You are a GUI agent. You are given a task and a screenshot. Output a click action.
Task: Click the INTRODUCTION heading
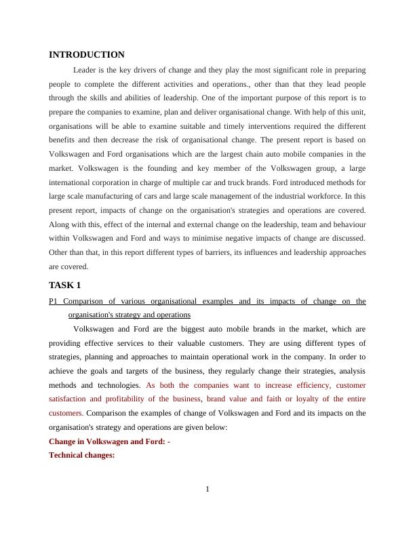87,55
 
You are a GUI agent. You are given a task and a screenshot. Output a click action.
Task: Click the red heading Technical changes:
82,456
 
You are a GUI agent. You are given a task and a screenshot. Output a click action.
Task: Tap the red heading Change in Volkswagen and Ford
109,441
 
